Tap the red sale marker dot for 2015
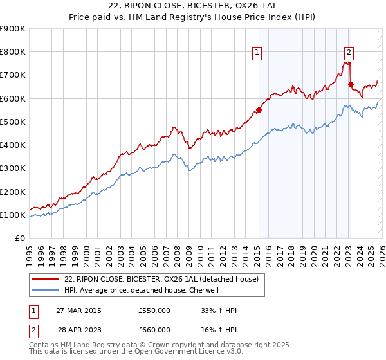point(259,110)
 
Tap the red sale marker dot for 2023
point(351,84)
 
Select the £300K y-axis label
point(13,168)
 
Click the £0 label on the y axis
point(19,239)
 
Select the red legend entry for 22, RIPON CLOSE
point(161,278)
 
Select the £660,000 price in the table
point(154,329)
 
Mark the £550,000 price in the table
point(154,310)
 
